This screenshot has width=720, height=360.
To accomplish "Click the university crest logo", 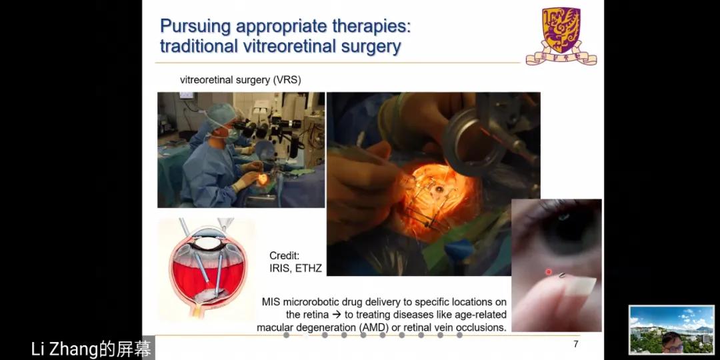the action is click(561, 36).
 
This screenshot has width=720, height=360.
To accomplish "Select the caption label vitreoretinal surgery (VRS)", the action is click(240, 80).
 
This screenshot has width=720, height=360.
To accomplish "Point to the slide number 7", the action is click(576, 344).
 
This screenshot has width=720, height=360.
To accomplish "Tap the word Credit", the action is click(284, 256).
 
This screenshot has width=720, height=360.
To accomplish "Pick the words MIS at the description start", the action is click(271, 302).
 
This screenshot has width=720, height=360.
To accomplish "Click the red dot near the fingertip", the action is click(548, 272).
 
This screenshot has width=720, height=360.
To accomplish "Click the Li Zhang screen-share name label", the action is click(91, 349).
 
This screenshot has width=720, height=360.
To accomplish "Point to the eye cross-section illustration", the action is click(207, 268).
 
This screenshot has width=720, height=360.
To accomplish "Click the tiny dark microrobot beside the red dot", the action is click(562, 275).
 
